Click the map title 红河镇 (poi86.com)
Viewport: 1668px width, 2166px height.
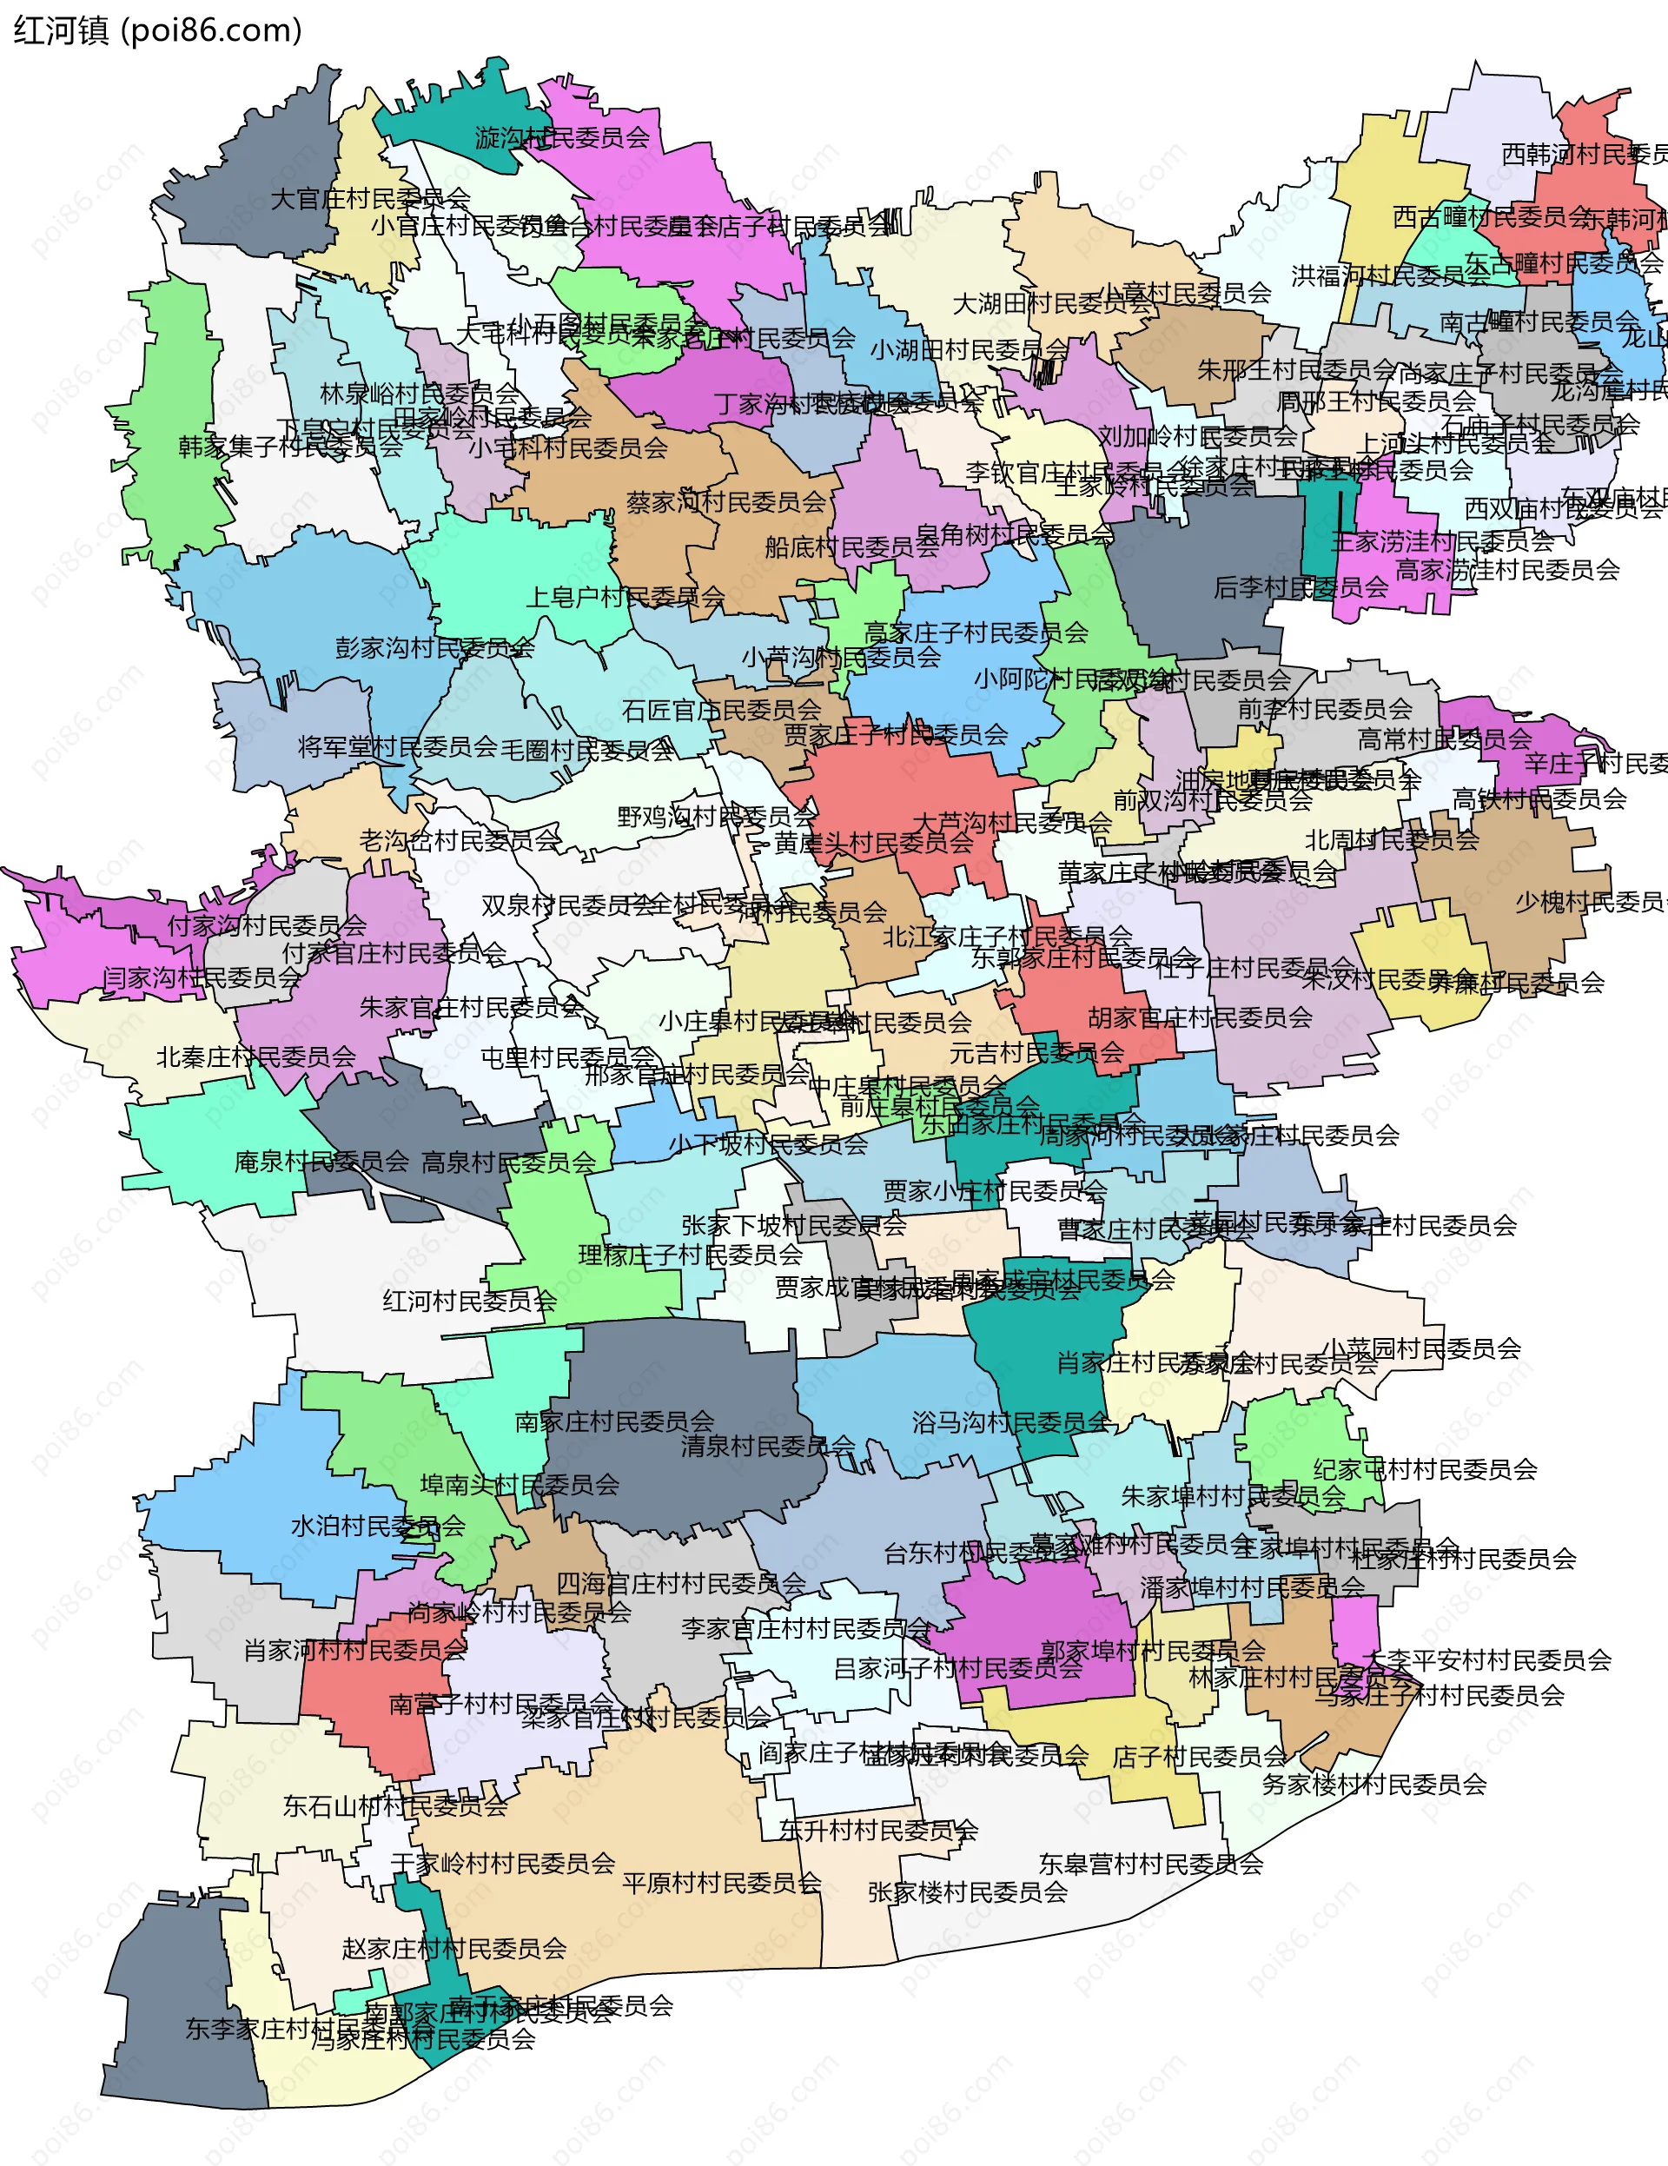click(x=157, y=30)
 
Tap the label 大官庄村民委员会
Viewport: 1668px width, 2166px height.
click(x=370, y=199)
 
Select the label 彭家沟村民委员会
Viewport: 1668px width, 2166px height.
click(x=434, y=649)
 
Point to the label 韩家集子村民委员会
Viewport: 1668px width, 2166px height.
click(x=290, y=447)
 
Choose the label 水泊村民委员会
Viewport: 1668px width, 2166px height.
click(x=378, y=1527)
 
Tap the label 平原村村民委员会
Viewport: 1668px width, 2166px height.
click(x=722, y=1883)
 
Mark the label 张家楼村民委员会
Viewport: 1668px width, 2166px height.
click(x=967, y=1892)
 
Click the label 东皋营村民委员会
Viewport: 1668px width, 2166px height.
click(x=1150, y=1865)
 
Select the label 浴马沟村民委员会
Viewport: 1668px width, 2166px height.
click(x=1010, y=1422)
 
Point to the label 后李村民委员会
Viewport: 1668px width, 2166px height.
click(x=1301, y=588)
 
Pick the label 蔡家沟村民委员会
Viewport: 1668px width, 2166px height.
click(x=726, y=503)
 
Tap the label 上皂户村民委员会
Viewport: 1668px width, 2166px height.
click(x=625, y=597)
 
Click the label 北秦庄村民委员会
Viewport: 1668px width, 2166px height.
click(x=256, y=1057)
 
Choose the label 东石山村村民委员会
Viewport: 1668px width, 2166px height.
click(x=394, y=1807)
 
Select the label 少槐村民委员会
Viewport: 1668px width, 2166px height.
click(x=1590, y=903)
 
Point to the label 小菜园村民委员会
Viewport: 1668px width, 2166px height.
click(x=1421, y=1348)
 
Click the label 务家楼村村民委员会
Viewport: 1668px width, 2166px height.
click(x=1373, y=1785)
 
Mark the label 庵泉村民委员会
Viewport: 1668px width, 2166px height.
click(x=321, y=1162)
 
